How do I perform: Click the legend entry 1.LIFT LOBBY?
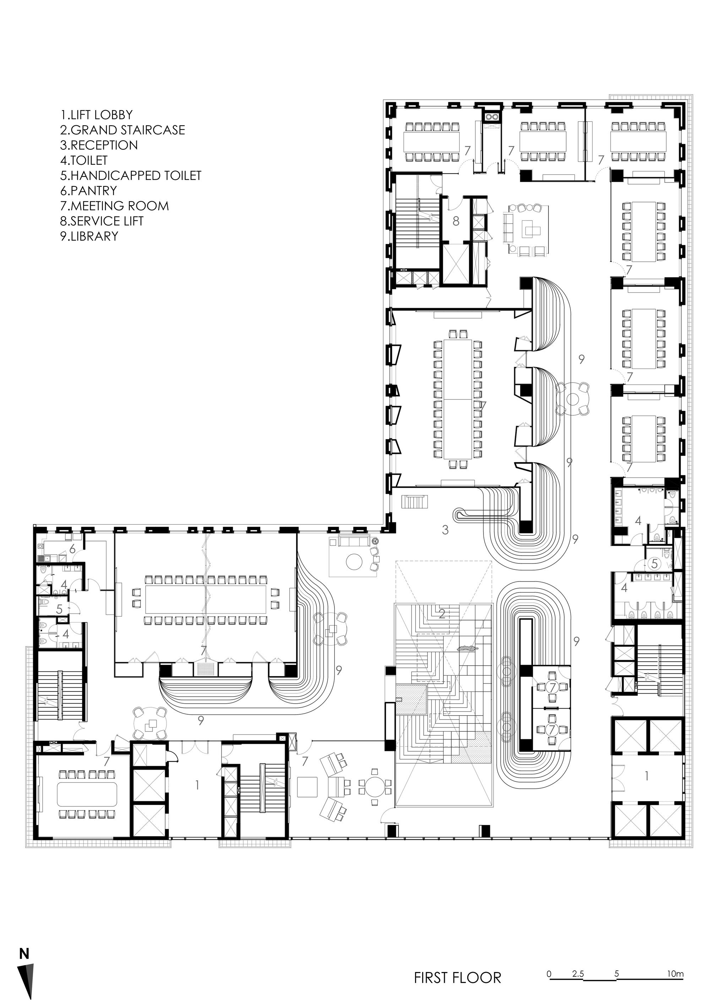(x=97, y=115)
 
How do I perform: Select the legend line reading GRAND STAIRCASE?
(x=123, y=130)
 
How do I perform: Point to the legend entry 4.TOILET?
(x=84, y=160)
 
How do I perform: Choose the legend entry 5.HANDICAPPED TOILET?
(x=131, y=175)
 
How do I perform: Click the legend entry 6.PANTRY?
(x=89, y=191)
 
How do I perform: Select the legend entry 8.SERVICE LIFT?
(x=102, y=221)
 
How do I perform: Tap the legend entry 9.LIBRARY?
(x=89, y=236)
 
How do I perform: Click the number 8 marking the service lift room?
(x=456, y=221)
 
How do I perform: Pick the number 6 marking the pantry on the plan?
(x=73, y=549)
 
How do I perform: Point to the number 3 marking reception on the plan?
(x=445, y=530)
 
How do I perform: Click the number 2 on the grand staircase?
(x=442, y=614)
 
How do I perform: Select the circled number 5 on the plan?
(x=654, y=564)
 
